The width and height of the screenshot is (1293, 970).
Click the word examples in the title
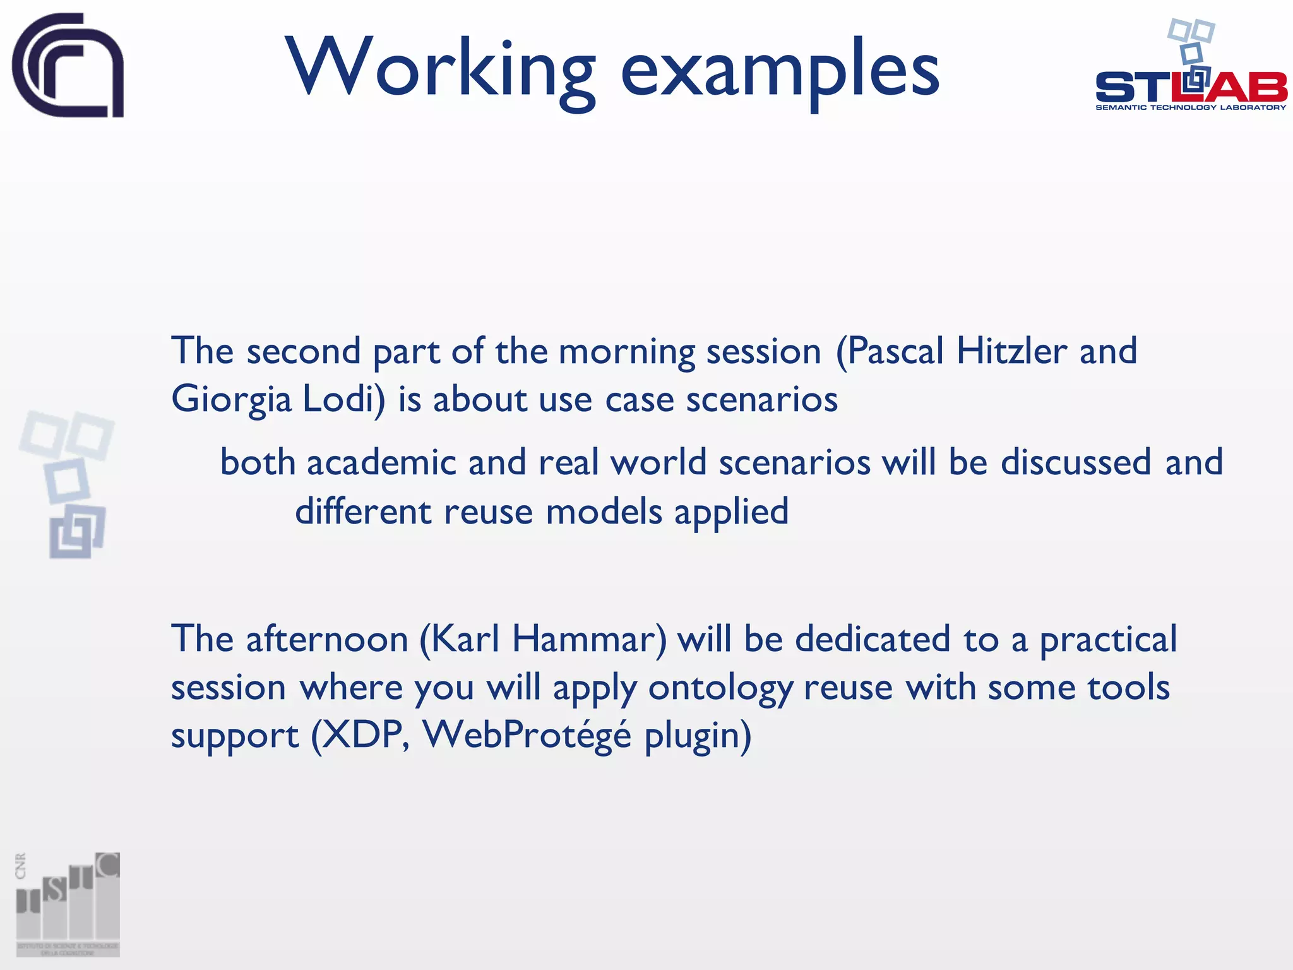(780, 69)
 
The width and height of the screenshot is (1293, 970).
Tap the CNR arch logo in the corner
(68, 65)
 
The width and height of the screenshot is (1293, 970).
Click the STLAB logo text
(1191, 88)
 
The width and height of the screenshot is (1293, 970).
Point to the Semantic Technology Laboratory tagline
(1191, 108)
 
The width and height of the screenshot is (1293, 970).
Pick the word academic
(381, 462)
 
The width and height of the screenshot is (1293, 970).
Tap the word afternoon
(327, 639)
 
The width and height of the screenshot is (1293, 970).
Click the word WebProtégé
(527, 736)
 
